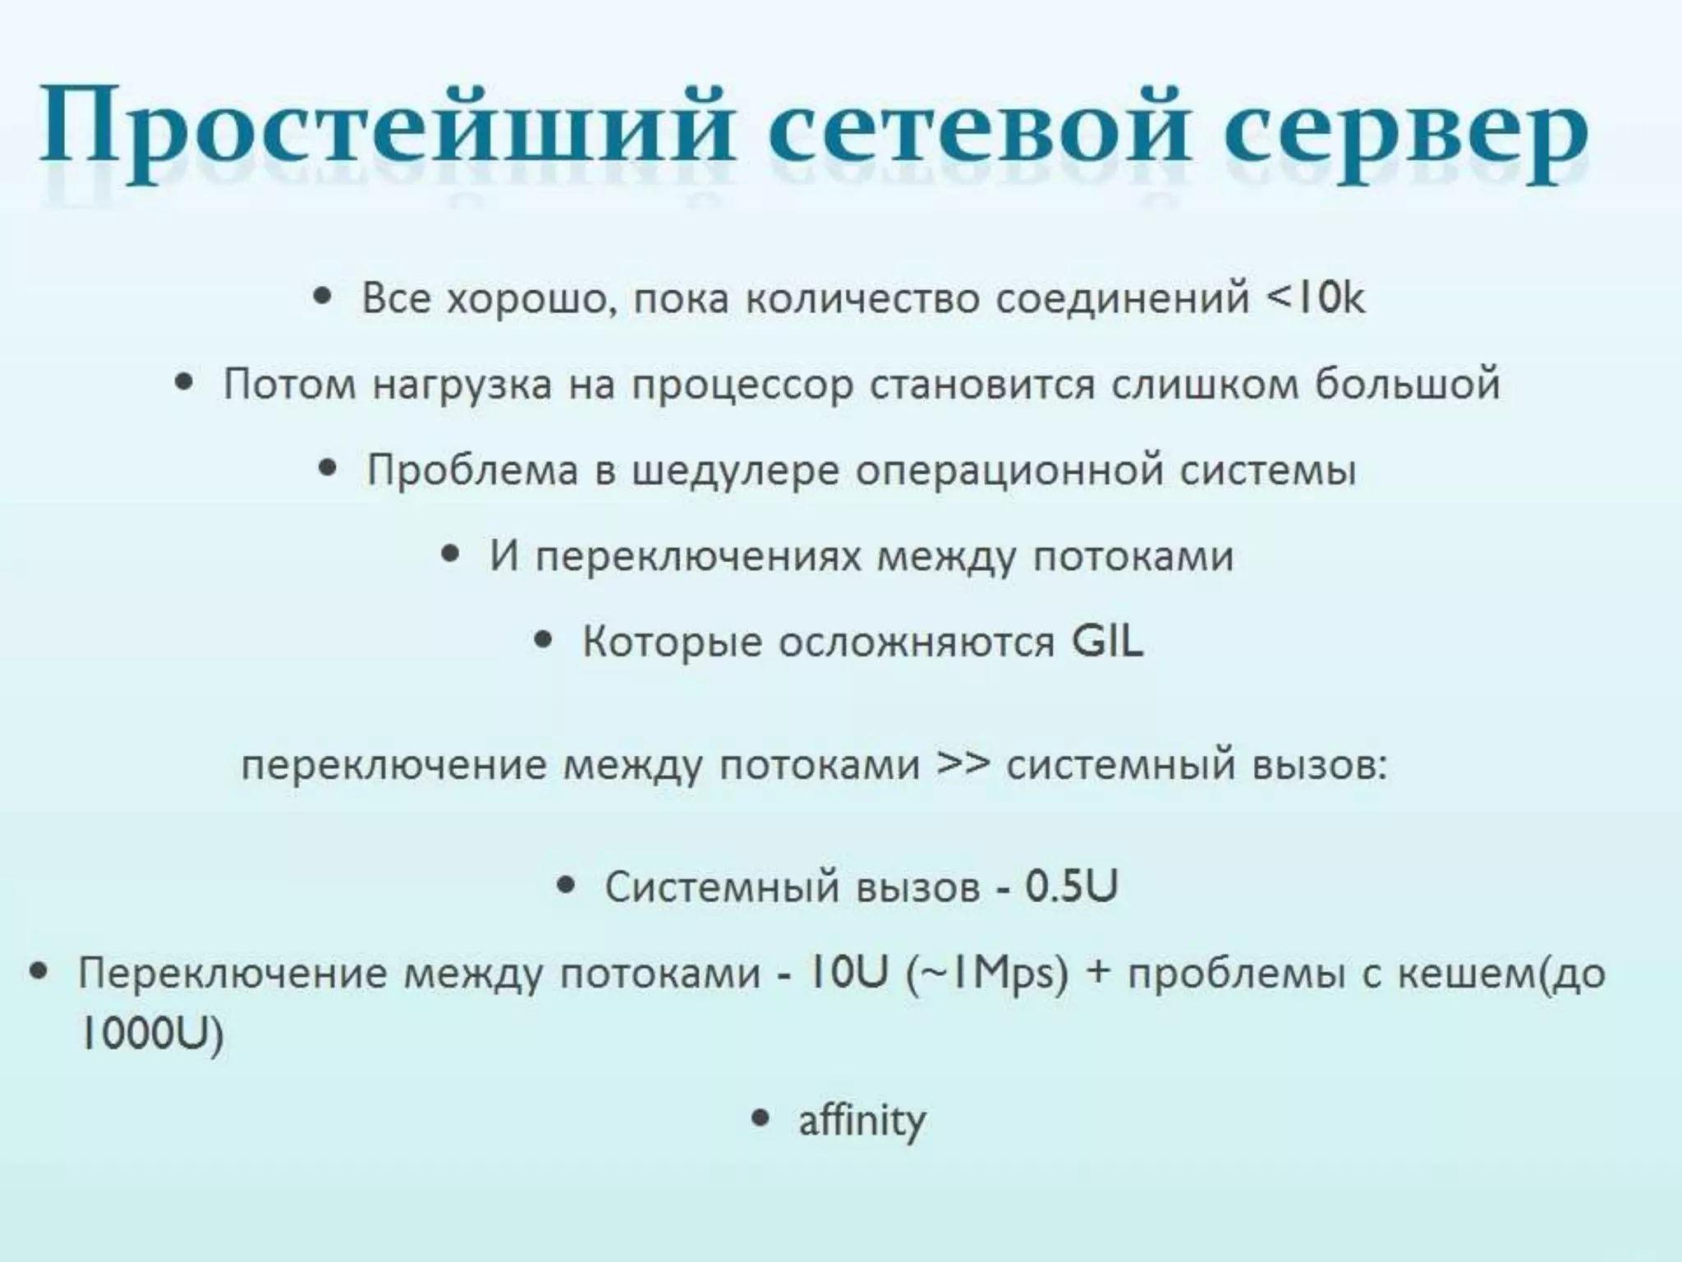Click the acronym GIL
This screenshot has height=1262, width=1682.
(1107, 642)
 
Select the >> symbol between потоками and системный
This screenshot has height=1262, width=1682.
(963, 764)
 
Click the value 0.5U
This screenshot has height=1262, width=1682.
(1071, 887)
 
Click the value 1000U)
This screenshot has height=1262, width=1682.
(151, 1034)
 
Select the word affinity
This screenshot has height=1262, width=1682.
(862, 1121)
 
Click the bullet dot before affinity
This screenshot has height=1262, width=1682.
(761, 1118)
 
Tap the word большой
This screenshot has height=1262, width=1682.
(1408, 385)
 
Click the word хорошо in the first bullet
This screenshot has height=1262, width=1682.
(531, 299)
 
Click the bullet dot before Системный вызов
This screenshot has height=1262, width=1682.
(565, 885)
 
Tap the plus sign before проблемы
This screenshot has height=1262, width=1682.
(1096, 974)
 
